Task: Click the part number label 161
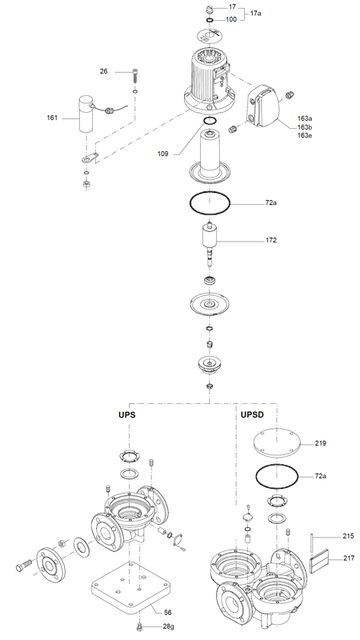point(52,118)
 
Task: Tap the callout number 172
point(271,240)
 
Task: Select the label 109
point(163,154)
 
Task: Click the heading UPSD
point(252,414)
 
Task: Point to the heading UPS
point(127,414)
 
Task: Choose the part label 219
point(321,443)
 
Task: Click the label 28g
point(168,627)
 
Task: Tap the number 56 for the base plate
point(168,612)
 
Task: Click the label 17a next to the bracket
point(256,13)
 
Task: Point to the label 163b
point(305,127)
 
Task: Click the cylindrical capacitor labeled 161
point(86,114)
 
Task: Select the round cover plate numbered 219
point(277,443)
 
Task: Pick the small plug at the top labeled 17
point(209,9)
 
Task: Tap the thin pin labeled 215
point(313,541)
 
